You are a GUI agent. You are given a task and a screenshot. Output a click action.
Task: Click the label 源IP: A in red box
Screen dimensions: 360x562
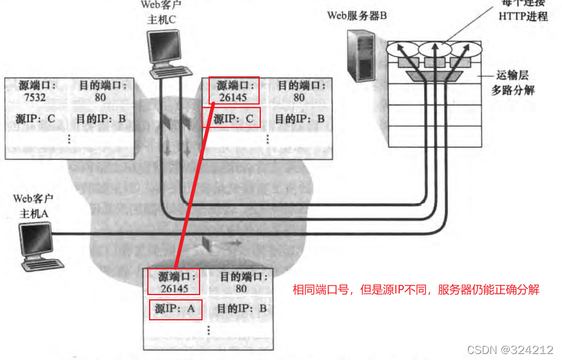175,310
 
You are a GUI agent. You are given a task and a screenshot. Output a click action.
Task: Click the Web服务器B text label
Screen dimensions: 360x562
356,16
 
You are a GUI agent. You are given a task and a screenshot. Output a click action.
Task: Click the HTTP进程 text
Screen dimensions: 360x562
523,16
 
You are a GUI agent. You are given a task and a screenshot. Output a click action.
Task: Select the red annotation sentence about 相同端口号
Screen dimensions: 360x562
416,290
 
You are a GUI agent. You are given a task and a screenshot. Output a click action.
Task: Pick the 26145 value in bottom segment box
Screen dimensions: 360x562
175,288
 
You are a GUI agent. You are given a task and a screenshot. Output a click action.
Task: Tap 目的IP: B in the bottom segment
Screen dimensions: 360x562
241,310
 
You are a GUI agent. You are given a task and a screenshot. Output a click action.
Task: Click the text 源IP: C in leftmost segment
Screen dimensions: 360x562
35,118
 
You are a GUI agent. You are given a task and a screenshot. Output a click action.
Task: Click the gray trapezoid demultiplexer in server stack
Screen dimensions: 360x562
433,76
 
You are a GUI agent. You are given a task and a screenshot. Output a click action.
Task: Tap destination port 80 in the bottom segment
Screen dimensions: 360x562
241,288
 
